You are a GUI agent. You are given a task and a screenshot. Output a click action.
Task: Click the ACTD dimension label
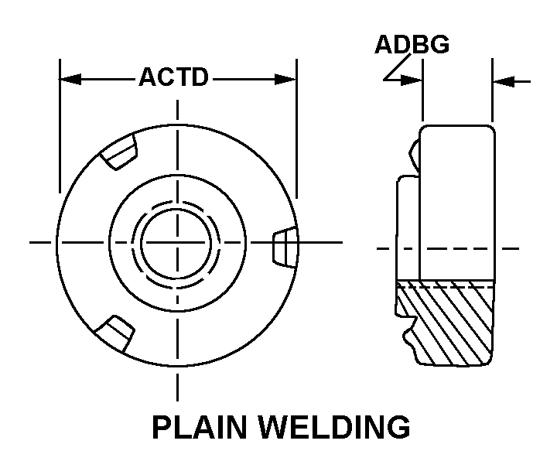(x=173, y=78)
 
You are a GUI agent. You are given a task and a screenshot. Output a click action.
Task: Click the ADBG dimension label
(x=412, y=45)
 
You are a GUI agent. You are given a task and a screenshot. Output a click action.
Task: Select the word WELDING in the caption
(x=337, y=428)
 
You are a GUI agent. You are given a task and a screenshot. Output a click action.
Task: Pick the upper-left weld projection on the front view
(x=119, y=153)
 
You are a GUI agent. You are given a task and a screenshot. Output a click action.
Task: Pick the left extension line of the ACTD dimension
(x=60, y=132)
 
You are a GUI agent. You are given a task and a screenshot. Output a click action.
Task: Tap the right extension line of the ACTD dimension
(x=296, y=132)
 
